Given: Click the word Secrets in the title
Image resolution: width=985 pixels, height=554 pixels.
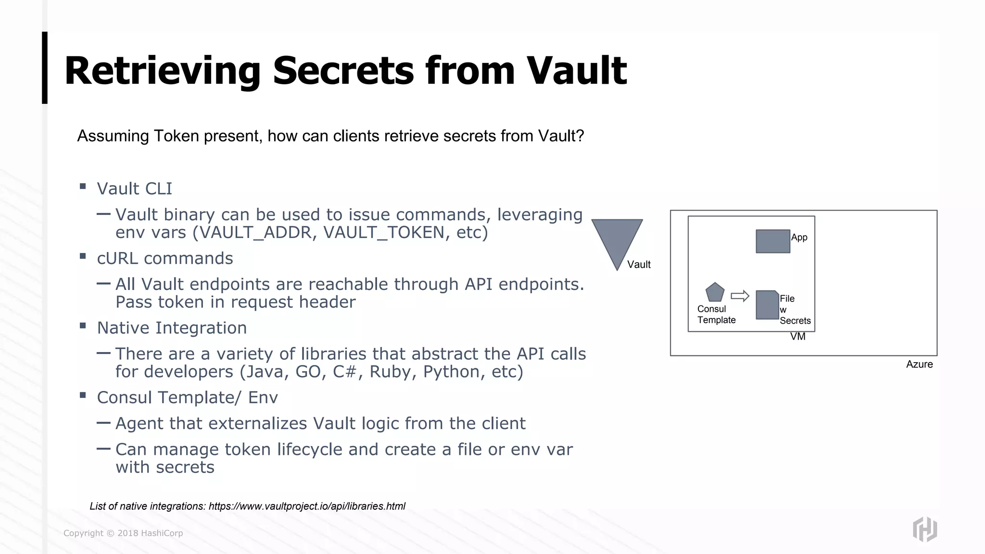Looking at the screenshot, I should click(343, 71).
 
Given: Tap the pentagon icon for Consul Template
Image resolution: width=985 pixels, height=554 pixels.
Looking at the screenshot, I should click(715, 292).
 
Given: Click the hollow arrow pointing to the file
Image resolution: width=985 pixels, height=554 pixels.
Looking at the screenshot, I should click(740, 296).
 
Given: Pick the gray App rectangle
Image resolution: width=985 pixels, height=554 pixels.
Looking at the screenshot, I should click(772, 241).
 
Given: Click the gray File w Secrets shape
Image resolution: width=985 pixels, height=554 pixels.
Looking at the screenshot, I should click(767, 305).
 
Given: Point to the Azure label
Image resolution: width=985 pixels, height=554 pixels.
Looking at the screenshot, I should click(919, 365).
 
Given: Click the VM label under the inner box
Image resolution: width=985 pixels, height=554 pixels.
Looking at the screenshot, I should click(797, 337).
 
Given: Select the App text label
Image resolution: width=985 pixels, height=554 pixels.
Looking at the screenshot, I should click(799, 237).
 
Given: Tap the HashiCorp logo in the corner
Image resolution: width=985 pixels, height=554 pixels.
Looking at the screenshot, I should click(924, 529).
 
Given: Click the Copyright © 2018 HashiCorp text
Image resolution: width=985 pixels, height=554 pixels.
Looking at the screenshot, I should click(123, 533).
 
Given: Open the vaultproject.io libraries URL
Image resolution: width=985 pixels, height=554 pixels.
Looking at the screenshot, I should click(307, 506).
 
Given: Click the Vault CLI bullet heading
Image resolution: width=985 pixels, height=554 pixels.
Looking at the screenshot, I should click(134, 189).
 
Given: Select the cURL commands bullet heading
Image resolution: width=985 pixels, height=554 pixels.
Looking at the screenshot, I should click(164, 258).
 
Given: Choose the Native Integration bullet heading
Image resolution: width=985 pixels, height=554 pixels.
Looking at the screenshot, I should click(172, 328).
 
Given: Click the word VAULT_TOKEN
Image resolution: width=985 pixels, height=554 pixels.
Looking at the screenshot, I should click(383, 233).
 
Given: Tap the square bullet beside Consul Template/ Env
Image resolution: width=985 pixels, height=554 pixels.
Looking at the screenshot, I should click(83, 395).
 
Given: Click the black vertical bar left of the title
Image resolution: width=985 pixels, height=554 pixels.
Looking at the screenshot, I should click(45, 68).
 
